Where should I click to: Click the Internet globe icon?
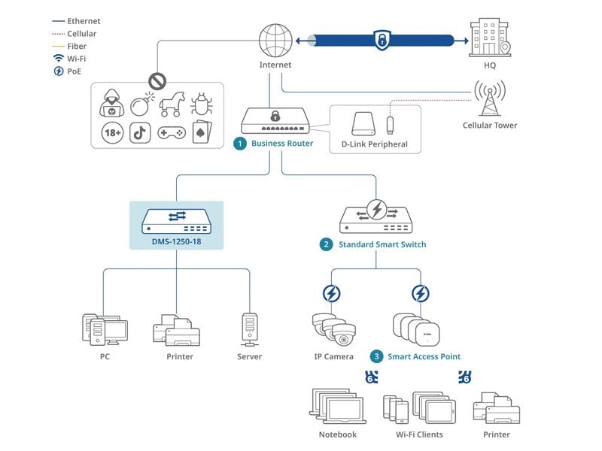pyautogui.click(x=275, y=40)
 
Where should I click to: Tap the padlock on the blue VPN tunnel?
pyautogui.click(x=382, y=40)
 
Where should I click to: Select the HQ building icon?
pyautogui.click(x=490, y=37)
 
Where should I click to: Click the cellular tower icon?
pyautogui.click(x=490, y=98)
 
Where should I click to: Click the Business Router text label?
pyautogui.click(x=281, y=143)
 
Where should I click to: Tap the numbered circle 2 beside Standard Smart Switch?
pyautogui.click(x=326, y=244)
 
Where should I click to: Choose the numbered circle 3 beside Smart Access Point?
pyautogui.click(x=377, y=356)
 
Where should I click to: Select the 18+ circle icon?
pyautogui.click(x=112, y=133)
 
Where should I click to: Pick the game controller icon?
pyautogui.click(x=171, y=133)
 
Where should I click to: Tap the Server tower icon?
pyautogui.click(x=249, y=330)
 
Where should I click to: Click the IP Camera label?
pyautogui.click(x=333, y=356)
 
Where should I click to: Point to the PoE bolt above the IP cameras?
pyautogui.click(x=332, y=293)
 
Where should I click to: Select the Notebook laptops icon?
pyautogui.click(x=337, y=407)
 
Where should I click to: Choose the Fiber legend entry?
pyautogui.click(x=77, y=47)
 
